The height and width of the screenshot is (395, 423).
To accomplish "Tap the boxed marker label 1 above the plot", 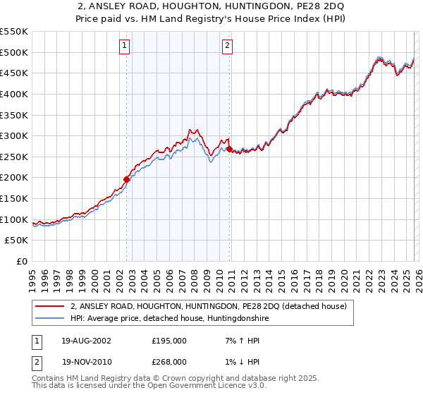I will click(x=124, y=47).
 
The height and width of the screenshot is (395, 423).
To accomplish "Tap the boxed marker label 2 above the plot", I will click(x=228, y=47).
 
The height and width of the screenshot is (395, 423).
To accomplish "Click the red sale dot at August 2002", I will click(x=127, y=179).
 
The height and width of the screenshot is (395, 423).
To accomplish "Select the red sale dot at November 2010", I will click(x=230, y=149).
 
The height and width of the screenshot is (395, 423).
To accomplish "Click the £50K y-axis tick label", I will click(x=17, y=241).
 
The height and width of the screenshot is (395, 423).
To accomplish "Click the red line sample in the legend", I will click(x=50, y=307).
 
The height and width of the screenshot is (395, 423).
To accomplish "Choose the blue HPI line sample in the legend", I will click(x=50, y=319).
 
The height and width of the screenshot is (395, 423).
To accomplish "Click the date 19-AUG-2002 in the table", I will click(x=86, y=341).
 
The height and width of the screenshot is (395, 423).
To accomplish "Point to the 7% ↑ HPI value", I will click(x=238, y=341).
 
